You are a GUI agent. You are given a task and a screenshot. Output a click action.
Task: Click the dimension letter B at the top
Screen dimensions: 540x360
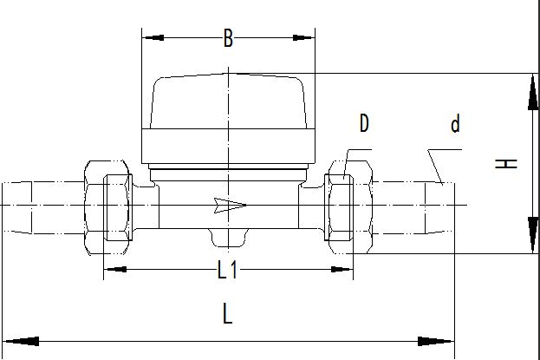[228, 38]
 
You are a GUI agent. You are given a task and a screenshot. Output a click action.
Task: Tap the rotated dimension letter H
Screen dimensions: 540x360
[506, 163]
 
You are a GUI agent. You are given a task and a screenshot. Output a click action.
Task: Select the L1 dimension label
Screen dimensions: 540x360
[228, 270]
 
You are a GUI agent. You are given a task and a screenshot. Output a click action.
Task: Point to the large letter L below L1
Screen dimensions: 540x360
[227, 313]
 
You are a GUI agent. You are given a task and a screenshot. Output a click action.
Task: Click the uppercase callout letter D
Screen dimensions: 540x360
[364, 123]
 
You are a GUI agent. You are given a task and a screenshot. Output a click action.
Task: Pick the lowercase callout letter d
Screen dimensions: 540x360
[455, 124]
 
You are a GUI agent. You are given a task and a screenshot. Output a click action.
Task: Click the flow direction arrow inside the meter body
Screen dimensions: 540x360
[230, 206]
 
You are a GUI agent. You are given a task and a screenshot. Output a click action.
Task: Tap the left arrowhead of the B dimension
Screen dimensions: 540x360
[153, 37]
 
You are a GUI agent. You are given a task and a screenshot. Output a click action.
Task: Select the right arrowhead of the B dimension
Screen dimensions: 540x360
[303, 37]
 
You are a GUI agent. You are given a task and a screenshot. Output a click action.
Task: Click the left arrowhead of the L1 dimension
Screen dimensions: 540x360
[115, 269]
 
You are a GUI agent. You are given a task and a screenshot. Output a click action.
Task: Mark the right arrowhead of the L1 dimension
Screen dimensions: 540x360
[342, 269]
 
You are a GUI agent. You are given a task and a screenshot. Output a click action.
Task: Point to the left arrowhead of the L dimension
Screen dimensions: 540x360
[21, 342]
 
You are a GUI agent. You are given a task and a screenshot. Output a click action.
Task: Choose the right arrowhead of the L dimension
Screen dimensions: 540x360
[436, 342]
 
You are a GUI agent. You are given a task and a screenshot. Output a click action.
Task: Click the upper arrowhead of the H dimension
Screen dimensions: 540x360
[533, 93]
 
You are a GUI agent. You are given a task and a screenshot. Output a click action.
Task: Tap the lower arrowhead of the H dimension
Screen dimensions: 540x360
[533, 235]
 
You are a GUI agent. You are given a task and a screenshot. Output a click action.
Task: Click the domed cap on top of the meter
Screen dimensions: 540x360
[228, 101]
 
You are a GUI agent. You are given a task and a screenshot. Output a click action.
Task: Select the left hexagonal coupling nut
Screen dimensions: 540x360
[107, 207]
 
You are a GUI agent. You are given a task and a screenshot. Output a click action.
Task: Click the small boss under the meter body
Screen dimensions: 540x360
[228, 238]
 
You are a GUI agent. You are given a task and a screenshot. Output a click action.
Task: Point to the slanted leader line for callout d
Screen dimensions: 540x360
[435, 167]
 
